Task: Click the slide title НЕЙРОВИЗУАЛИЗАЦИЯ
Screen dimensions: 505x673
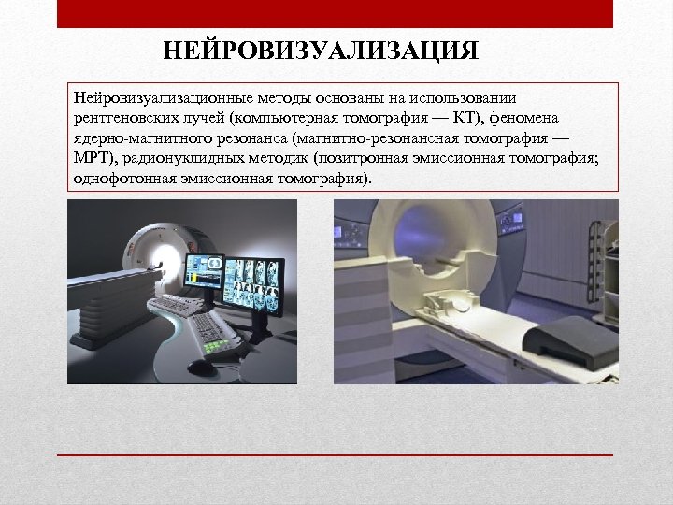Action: [x=321, y=50]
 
